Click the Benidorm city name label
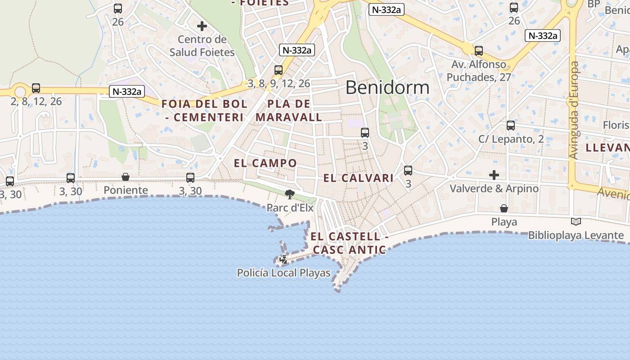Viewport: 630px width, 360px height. pyautogui.click(x=387, y=87)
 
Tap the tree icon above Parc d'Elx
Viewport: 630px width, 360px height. pyautogui.click(x=290, y=194)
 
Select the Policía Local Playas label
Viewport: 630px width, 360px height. pyautogui.click(x=283, y=273)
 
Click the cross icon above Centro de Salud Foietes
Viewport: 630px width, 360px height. pyautogui.click(x=202, y=26)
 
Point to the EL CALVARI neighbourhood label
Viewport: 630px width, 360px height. pyautogui.click(x=358, y=178)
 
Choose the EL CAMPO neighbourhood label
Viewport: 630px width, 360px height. pyautogui.click(x=265, y=163)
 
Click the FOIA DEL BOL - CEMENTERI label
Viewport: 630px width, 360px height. pyautogui.click(x=204, y=111)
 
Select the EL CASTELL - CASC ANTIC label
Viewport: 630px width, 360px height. pyautogui.click(x=349, y=243)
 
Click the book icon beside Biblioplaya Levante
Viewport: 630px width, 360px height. pyautogui.click(x=576, y=221)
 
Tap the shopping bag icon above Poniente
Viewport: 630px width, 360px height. pyautogui.click(x=126, y=177)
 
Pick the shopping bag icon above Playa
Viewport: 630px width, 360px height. pyautogui.click(x=504, y=208)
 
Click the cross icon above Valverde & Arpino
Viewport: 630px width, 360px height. pyautogui.click(x=494, y=175)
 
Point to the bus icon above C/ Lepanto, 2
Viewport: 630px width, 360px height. pyautogui.click(x=510, y=126)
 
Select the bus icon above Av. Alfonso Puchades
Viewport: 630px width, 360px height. pyautogui.click(x=479, y=51)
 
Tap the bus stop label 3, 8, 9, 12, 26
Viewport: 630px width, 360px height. pyautogui.click(x=279, y=83)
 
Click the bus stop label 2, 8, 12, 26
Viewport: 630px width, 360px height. pyautogui.click(x=36, y=101)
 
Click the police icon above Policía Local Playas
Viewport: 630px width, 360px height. pyautogui.click(x=283, y=260)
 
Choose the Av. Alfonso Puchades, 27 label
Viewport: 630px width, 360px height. pyautogui.click(x=479, y=71)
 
